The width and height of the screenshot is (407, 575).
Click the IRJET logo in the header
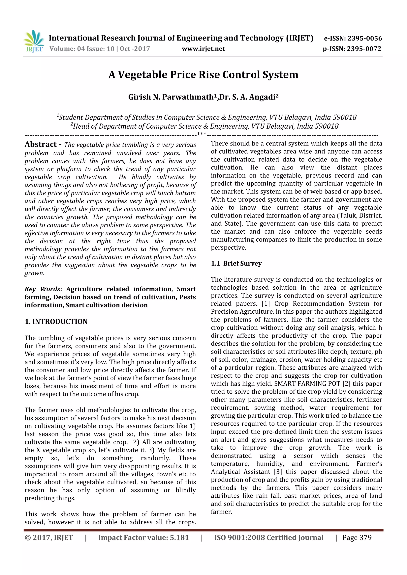(34, 41)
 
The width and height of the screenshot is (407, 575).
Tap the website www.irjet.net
(203, 49)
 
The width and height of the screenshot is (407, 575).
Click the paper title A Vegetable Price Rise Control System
(203, 75)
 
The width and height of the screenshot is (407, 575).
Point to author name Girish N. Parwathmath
(171, 97)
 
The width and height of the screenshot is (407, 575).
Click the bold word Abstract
(41, 144)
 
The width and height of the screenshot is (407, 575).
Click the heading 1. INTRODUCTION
(56, 322)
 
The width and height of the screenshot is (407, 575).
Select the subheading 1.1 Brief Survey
(236, 263)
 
